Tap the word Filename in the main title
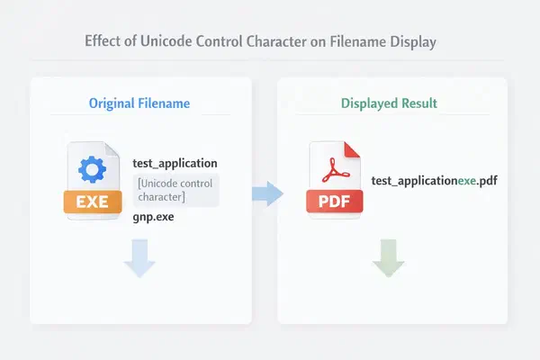point(358,41)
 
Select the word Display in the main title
point(413,42)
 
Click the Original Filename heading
point(139,103)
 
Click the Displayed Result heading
point(389,103)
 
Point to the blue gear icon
point(93,169)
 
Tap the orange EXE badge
point(93,202)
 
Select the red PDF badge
point(335,202)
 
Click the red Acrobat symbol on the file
point(334,170)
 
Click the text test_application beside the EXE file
point(175,163)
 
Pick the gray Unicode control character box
point(176,190)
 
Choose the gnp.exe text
point(153,217)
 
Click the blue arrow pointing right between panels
point(267,193)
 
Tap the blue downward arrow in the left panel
point(139,258)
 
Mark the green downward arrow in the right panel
point(388,258)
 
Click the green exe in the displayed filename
point(466,181)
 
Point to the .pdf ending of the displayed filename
point(487,181)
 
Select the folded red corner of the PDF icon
point(351,150)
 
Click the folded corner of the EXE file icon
point(112,150)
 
